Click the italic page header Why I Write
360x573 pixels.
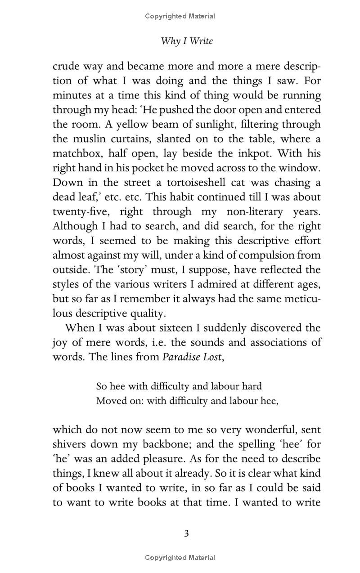(x=187, y=41)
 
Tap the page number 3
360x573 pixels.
(x=186, y=533)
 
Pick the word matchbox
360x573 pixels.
(x=78, y=153)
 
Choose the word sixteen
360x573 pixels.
(x=178, y=328)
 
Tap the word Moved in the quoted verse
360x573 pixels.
(x=108, y=401)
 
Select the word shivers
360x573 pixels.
(x=69, y=444)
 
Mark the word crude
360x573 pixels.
(x=65, y=66)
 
